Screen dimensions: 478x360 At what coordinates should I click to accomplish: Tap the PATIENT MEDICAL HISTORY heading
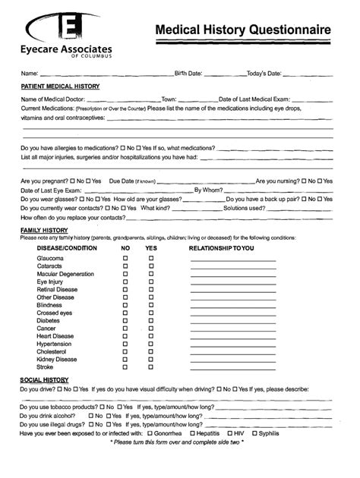click(x=59, y=86)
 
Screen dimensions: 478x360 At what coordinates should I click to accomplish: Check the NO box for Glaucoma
click(x=125, y=259)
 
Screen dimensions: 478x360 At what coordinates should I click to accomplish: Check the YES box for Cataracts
click(x=150, y=267)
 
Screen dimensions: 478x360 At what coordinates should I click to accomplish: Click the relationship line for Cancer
click(x=223, y=328)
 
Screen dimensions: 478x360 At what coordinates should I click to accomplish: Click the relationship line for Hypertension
click(x=223, y=344)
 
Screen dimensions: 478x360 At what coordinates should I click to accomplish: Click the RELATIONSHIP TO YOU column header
click(x=222, y=247)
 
